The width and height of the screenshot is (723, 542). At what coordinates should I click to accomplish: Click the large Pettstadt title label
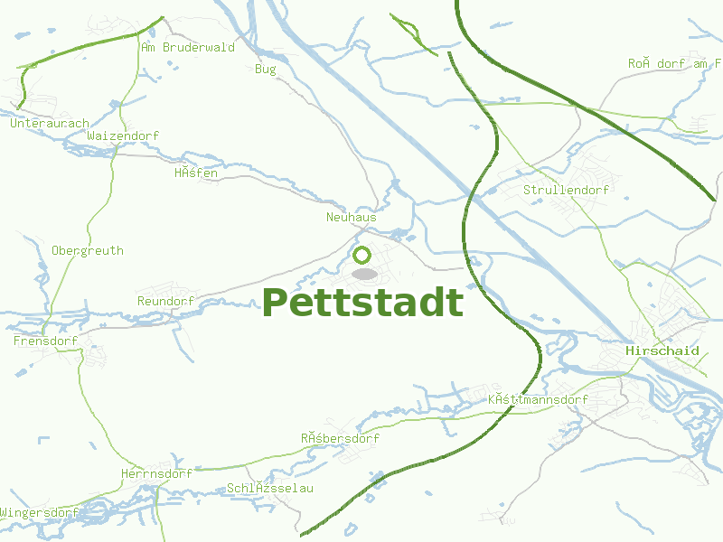[362, 302]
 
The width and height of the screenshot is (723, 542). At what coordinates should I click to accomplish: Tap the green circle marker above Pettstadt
[362, 255]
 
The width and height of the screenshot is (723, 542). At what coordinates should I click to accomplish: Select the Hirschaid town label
[662, 350]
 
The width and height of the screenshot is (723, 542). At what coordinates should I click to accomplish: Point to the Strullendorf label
[566, 190]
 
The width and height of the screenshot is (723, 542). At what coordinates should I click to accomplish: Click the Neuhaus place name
[351, 218]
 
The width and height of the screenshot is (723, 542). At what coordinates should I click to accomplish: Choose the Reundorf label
[165, 301]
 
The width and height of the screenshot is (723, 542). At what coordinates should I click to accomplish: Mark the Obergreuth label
[88, 250]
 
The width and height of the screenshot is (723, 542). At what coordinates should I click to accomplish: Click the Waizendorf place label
[124, 135]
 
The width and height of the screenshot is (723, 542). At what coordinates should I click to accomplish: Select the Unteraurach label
[50, 123]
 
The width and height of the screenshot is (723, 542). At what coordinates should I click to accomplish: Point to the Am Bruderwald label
[188, 47]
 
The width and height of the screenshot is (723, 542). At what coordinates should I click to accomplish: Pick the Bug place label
[266, 69]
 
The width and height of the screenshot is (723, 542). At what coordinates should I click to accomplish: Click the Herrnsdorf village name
[156, 473]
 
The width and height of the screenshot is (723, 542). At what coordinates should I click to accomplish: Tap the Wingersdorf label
[40, 512]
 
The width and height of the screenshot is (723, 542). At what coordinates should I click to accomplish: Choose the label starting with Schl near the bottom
[270, 488]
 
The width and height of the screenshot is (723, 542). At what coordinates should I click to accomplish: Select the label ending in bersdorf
[340, 438]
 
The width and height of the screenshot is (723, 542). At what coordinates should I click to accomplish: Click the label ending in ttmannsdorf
[538, 399]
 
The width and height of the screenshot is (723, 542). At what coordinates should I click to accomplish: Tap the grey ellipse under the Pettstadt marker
[363, 273]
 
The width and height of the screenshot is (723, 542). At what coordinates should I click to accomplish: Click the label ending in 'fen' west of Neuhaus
[196, 173]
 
